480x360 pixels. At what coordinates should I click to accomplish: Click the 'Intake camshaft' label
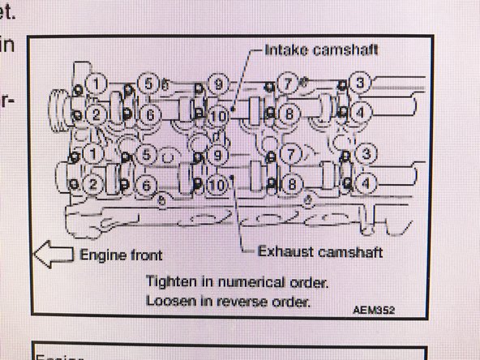(x=322, y=49)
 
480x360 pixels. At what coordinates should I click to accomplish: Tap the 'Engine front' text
(x=122, y=255)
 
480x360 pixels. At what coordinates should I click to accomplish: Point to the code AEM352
(x=374, y=310)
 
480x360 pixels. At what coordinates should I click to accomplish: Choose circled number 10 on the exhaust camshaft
(x=216, y=184)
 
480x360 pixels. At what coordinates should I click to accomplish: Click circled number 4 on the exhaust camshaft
(x=366, y=182)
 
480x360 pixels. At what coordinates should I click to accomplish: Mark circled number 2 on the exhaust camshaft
(x=96, y=185)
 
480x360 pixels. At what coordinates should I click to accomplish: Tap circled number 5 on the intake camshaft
(x=148, y=83)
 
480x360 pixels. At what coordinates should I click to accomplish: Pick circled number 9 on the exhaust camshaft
(x=216, y=153)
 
